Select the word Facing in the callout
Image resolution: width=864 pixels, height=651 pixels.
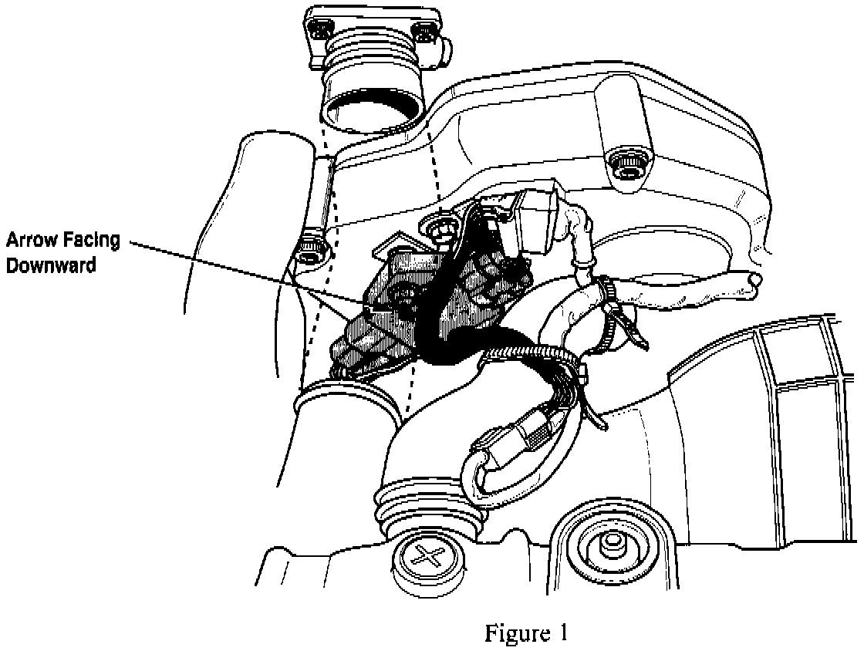click(93, 240)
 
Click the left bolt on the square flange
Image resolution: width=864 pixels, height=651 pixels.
click(320, 30)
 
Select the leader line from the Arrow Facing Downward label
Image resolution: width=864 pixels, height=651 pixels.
click(247, 272)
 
